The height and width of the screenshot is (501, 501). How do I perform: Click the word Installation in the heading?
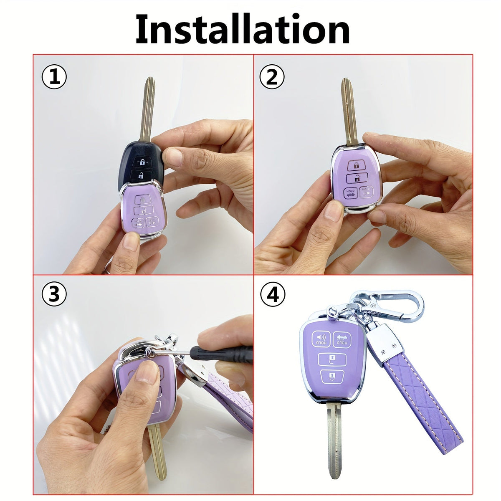242,29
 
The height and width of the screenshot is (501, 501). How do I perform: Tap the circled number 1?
54,77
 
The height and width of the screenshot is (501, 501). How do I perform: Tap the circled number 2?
272,77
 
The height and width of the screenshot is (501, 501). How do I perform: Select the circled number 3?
54,294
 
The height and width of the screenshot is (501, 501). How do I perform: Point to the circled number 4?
273,294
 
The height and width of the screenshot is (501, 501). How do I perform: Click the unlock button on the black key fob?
141,175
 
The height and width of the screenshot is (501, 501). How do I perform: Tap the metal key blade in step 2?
349,112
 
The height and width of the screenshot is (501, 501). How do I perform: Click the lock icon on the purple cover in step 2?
357,165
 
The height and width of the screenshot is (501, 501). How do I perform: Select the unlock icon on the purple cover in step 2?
357,178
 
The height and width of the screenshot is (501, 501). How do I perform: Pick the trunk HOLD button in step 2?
350,193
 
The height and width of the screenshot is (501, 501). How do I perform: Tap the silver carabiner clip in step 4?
388,306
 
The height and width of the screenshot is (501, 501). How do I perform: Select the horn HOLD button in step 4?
321,339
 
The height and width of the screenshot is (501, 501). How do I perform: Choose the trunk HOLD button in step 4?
342,339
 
